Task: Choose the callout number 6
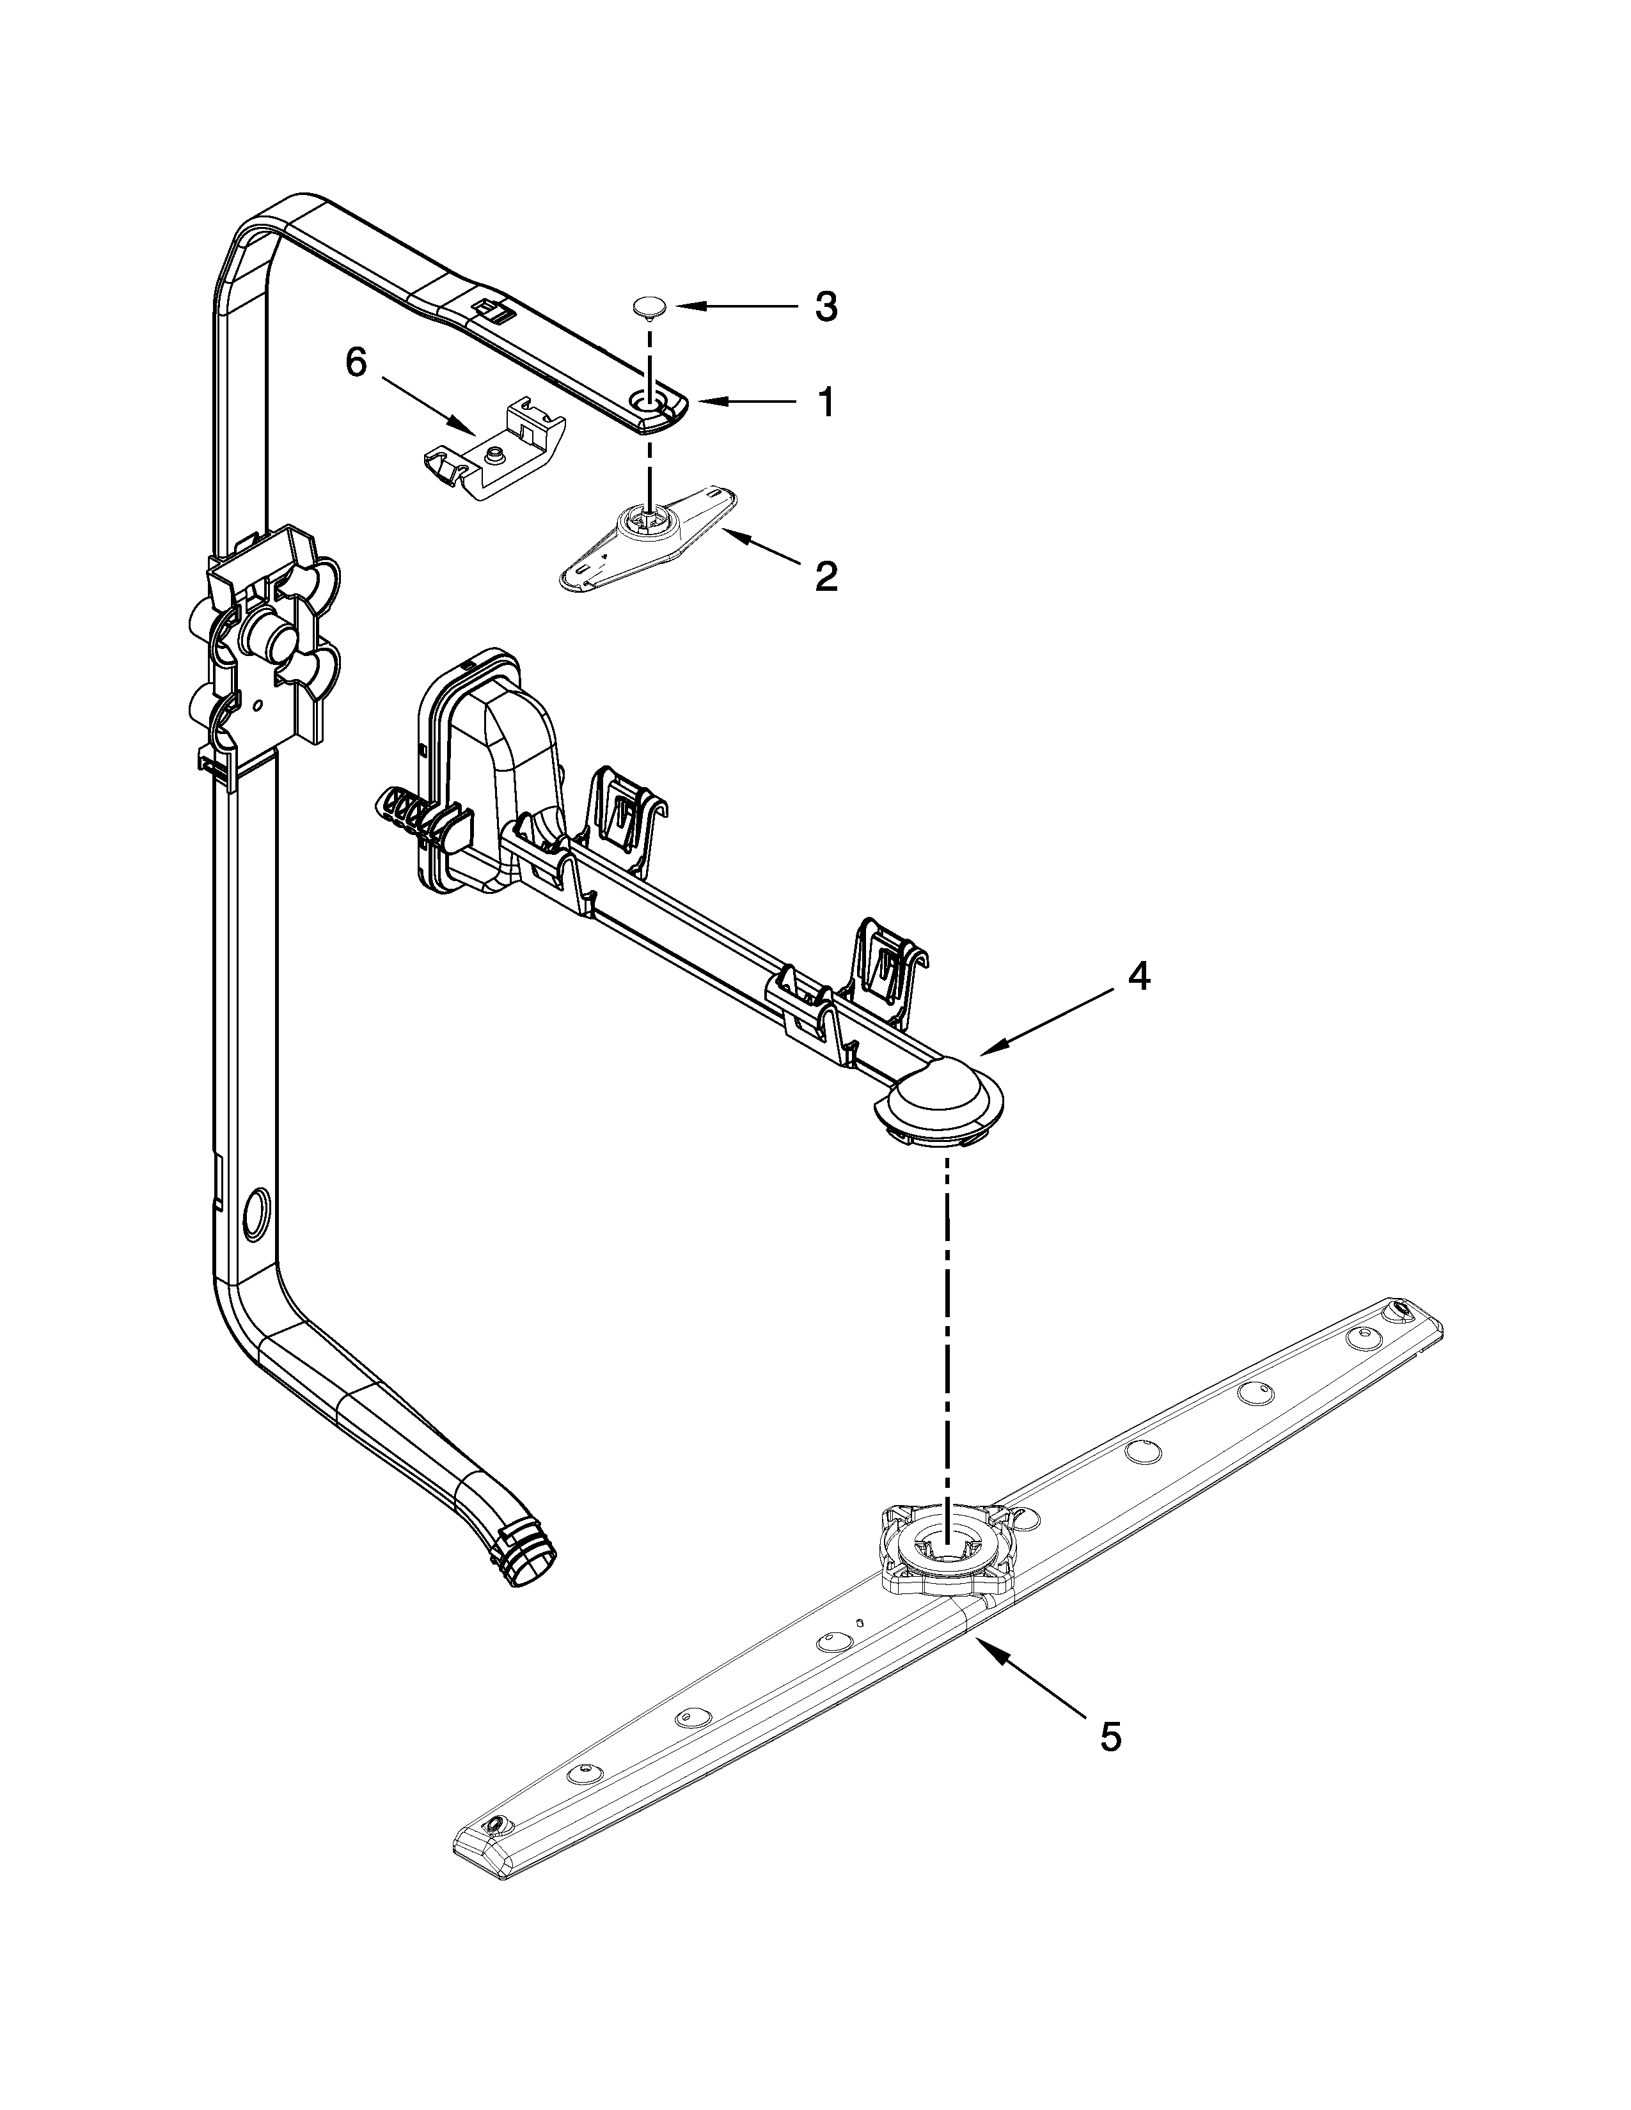click(356, 363)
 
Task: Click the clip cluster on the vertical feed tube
click(263, 637)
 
